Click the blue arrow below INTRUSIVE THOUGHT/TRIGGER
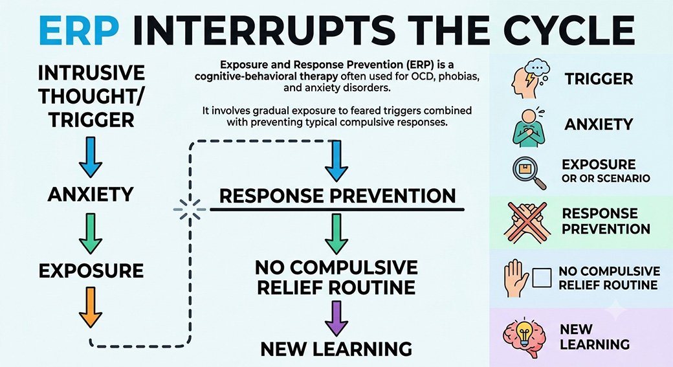(91, 157)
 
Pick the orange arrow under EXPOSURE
(91, 307)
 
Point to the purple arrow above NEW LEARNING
(336, 318)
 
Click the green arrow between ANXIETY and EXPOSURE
(91, 234)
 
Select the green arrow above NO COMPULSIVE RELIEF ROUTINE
(336, 234)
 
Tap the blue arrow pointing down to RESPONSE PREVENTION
(336, 161)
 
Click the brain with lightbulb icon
(525, 337)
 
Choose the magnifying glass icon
(529, 173)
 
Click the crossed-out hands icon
(527, 223)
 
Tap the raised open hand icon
(516, 278)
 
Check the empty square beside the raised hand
(542, 278)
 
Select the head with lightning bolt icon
(529, 79)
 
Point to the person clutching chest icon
(529, 128)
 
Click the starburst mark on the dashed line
(190, 210)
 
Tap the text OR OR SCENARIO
(606, 179)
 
